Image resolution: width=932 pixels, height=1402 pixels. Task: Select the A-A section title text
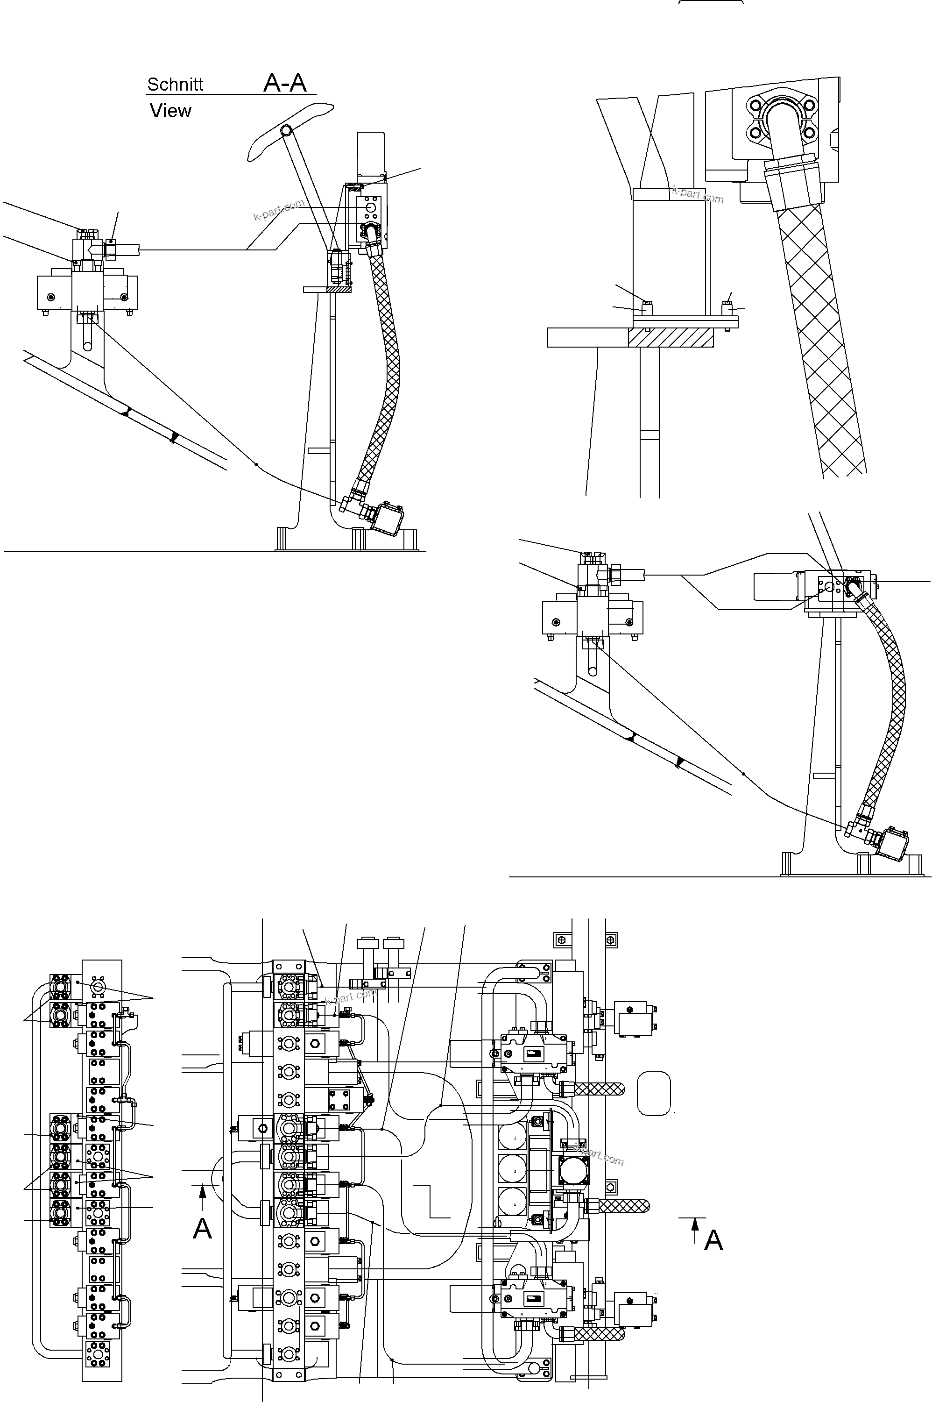click(285, 83)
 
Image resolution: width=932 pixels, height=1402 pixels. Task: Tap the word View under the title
click(170, 111)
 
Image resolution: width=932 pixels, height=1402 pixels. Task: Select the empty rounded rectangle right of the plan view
click(653, 1093)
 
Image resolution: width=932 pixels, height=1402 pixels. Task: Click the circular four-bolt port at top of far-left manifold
click(98, 986)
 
